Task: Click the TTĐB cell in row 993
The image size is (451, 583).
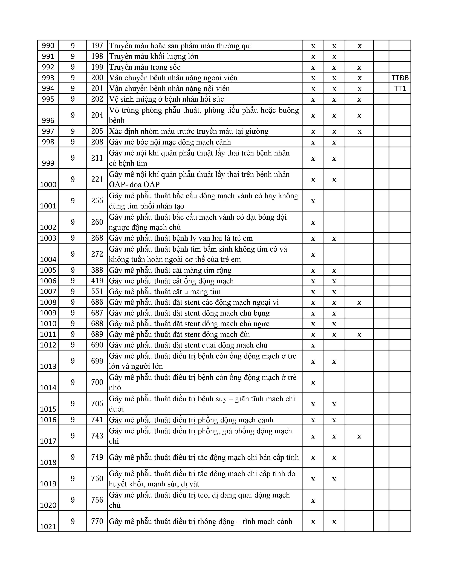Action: [x=400, y=78]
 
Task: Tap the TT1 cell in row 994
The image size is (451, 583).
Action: [x=400, y=88]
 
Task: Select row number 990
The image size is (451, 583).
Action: [x=48, y=46]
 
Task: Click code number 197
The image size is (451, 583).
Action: [x=97, y=46]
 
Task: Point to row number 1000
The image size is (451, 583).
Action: [x=48, y=184]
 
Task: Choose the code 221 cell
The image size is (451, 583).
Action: [x=97, y=179]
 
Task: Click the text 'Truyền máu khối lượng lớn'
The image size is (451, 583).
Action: [x=154, y=56]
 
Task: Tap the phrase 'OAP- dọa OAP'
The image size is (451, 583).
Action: [x=134, y=184]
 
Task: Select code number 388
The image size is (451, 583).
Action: [x=97, y=270]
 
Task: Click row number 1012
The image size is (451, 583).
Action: [x=48, y=345]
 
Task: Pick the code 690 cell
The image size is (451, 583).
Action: [x=97, y=345]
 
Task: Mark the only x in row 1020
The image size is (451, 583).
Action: [x=313, y=500]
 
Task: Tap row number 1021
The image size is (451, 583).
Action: [x=48, y=527]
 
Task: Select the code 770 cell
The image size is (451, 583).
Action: [x=97, y=521]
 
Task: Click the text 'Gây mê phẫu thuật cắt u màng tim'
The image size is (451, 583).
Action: [x=165, y=291]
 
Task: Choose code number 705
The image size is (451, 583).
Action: [x=97, y=404]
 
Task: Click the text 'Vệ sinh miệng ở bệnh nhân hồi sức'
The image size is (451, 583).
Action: [x=166, y=99]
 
